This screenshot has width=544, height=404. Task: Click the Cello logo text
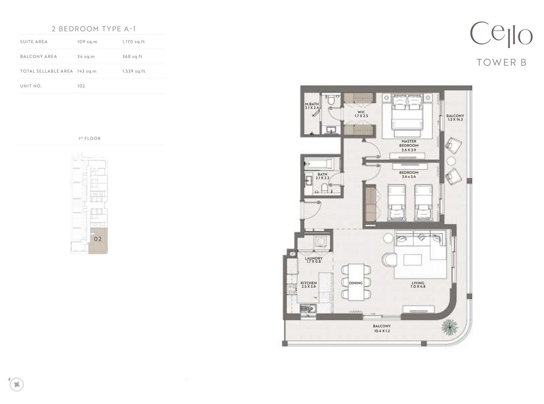coord(501,35)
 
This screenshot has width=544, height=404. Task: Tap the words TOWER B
coord(501,62)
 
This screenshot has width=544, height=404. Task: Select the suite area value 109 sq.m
coord(87,42)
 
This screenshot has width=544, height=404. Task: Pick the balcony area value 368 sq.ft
coord(132,57)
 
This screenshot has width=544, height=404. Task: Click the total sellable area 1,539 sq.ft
coord(133,71)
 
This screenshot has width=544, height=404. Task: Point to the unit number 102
coord(81,86)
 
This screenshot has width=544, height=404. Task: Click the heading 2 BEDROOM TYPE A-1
coord(94,29)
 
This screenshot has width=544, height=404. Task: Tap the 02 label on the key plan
coord(98,239)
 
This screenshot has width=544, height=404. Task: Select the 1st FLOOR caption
coord(89,138)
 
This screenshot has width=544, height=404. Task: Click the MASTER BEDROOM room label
coord(409,144)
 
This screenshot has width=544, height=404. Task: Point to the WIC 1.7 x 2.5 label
coord(361,114)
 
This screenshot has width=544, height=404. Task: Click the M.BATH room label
coord(312,106)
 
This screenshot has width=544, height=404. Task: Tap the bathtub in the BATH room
coord(318,163)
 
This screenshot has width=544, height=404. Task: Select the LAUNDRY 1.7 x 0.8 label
coord(313,260)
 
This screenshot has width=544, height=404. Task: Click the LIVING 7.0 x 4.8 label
coord(418,285)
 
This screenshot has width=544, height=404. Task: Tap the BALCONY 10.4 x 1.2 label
coord(381,328)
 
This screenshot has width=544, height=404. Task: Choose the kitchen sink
coord(308,309)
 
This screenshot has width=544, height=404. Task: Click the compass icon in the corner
coord(17,384)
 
